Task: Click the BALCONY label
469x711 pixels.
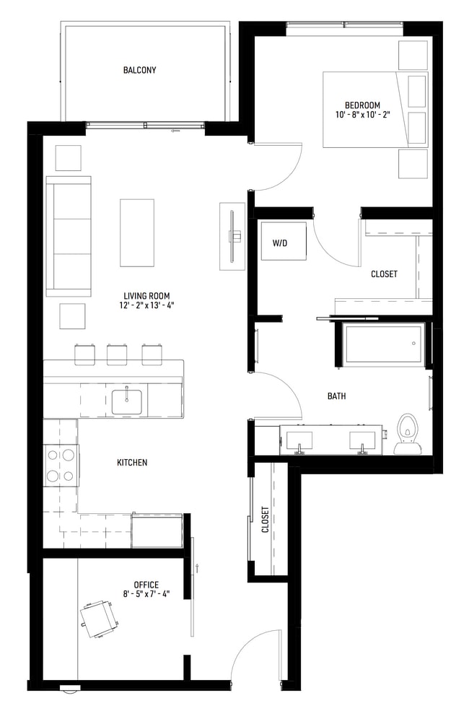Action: (139, 70)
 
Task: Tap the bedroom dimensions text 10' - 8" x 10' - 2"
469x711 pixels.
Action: (362, 115)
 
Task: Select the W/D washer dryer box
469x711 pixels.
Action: (280, 243)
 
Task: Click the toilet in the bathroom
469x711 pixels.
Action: (408, 435)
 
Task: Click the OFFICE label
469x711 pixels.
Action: (146, 585)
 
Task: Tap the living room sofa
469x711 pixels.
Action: (69, 236)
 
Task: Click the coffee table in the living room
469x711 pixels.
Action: (137, 232)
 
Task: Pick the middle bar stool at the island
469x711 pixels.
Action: (117, 354)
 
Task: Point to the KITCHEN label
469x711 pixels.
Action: (132, 463)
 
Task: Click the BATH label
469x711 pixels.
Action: (336, 396)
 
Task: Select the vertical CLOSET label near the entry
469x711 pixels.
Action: (265, 518)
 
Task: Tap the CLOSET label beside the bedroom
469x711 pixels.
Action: (384, 274)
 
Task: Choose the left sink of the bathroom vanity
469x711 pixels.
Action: (298, 440)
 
